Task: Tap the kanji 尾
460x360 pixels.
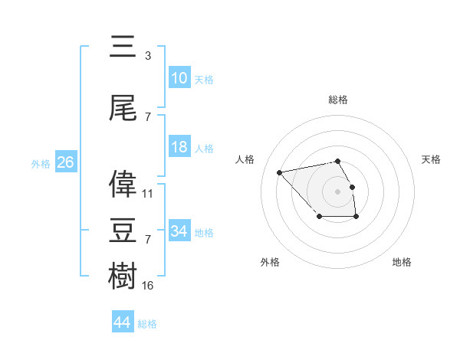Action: (123, 106)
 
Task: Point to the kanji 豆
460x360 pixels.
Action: (123, 229)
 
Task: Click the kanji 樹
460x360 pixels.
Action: (123, 275)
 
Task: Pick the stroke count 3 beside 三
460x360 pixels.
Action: (147, 56)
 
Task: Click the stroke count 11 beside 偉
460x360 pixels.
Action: (148, 193)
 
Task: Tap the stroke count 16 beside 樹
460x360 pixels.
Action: (148, 286)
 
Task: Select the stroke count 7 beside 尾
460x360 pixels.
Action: (147, 116)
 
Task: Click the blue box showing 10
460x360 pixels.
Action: (179, 78)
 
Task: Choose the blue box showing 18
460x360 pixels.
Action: (179, 147)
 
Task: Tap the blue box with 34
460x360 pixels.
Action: (179, 231)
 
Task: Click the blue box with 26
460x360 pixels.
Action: (65, 162)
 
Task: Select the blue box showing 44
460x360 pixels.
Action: (123, 322)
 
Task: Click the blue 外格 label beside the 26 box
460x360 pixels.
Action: (41, 164)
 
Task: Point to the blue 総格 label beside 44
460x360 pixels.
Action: (147, 324)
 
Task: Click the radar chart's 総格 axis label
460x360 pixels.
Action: (338, 100)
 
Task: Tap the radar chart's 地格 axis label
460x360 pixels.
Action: (402, 262)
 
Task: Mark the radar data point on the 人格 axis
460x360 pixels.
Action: (280, 172)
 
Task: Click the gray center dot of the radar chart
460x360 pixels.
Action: (338, 191)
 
